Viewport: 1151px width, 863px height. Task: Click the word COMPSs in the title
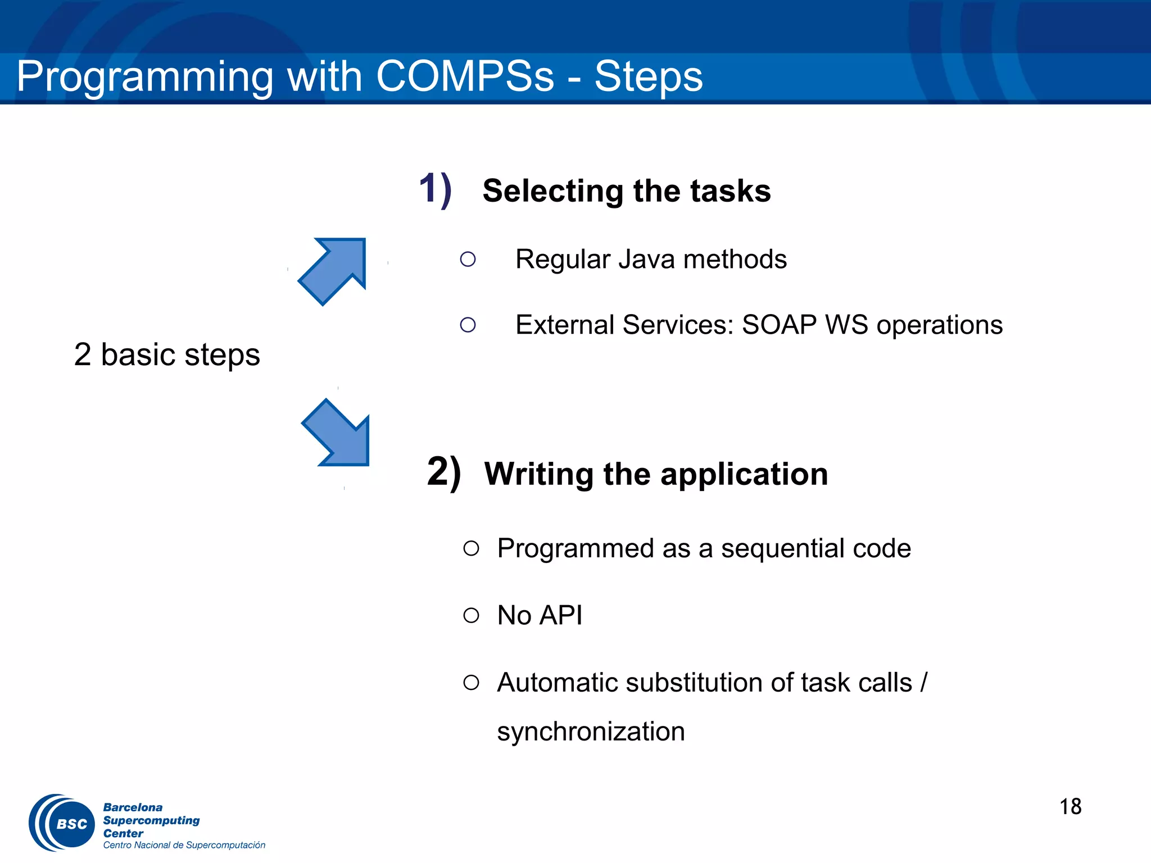tap(465, 76)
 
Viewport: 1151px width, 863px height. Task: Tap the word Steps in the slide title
tap(648, 76)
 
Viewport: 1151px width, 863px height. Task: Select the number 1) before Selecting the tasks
tap(435, 189)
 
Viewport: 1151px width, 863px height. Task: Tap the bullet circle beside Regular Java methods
tap(468, 259)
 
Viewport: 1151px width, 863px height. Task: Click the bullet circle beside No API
tap(471, 615)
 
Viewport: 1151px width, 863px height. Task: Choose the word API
tap(560, 615)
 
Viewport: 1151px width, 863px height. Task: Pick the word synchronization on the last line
tap(591, 732)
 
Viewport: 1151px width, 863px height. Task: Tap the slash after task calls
tap(923, 683)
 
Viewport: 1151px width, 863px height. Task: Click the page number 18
tap(1070, 807)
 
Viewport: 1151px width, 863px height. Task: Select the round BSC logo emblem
tap(62, 823)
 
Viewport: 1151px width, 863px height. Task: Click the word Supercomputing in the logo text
tap(151, 820)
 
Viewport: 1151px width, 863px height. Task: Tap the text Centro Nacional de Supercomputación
tap(184, 845)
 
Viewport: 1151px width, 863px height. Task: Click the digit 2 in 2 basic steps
tap(83, 355)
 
